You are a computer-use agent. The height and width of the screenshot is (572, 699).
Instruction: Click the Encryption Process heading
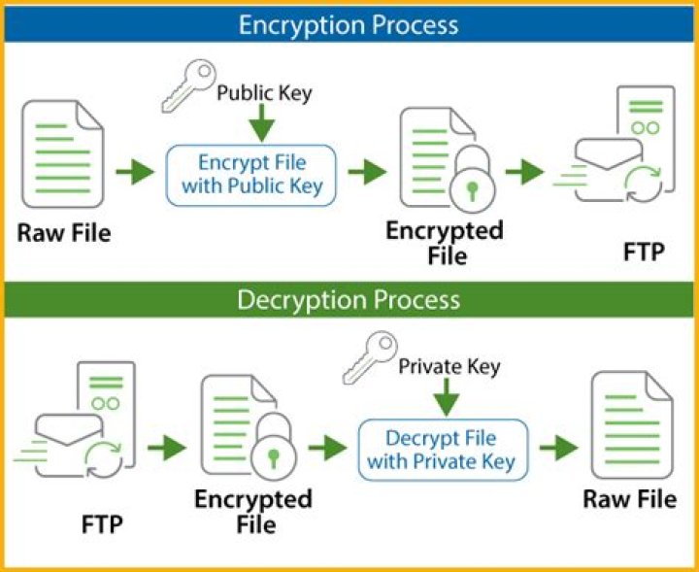[x=349, y=23]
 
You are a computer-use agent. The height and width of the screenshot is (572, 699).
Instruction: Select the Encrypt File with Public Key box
[x=251, y=174]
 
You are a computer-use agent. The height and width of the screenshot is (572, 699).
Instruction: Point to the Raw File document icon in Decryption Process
[x=632, y=428]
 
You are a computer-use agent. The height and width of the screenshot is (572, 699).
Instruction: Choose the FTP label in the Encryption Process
[x=644, y=253]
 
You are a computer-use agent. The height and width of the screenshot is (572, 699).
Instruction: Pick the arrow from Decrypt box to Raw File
[x=559, y=448]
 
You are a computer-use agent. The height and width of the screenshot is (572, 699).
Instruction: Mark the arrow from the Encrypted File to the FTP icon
[x=525, y=172]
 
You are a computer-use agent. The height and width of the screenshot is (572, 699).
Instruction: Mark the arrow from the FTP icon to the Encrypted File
[x=167, y=448]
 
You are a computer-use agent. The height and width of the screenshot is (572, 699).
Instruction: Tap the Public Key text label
[x=263, y=93]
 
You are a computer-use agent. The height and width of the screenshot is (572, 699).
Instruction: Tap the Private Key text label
[x=449, y=366]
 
